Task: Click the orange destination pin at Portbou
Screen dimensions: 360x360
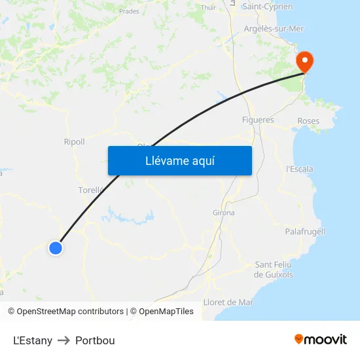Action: pyautogui.click(x=304, y=61)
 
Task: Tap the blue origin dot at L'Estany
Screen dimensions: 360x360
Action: pyautogui.click(x=56, y=247)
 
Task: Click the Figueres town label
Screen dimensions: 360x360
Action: pyautogui.click(x=258, y=120)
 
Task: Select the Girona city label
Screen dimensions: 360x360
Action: pyautogui.click(x=223, y=213)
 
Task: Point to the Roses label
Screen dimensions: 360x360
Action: pyautogui.click(x=308, y=121)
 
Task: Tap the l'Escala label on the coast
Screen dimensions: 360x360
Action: pyautogui.click(x=300, y=169)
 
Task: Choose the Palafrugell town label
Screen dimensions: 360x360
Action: pyautogui.click(x=305, y=232)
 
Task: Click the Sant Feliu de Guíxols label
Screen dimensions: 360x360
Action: pyautogui.click(x=274, y=270)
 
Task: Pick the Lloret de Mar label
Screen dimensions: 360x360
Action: pyautogui.click(x=228, y=302)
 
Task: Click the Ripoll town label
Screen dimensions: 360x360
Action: pyautogui.click(x=74, y=142)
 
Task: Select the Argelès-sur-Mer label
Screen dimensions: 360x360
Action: pyautogui.click(x=274, y=29)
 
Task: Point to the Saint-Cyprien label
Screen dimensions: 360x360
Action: pyautogui.click(x=267, y=7)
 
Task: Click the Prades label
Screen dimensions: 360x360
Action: pyautogui.click(x=129, y=11)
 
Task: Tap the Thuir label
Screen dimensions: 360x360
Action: pyautogui.click(x=208, y=8)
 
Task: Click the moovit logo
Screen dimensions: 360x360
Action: pyautogui.click(x=320, y=339)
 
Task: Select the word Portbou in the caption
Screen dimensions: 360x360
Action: pyautogui.click(x=95, y=340)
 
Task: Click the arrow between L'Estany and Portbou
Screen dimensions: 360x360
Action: pyautogui.click(x=64, y=340)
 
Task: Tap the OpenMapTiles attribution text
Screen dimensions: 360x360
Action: pyautogui.click(x=166, y=312)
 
